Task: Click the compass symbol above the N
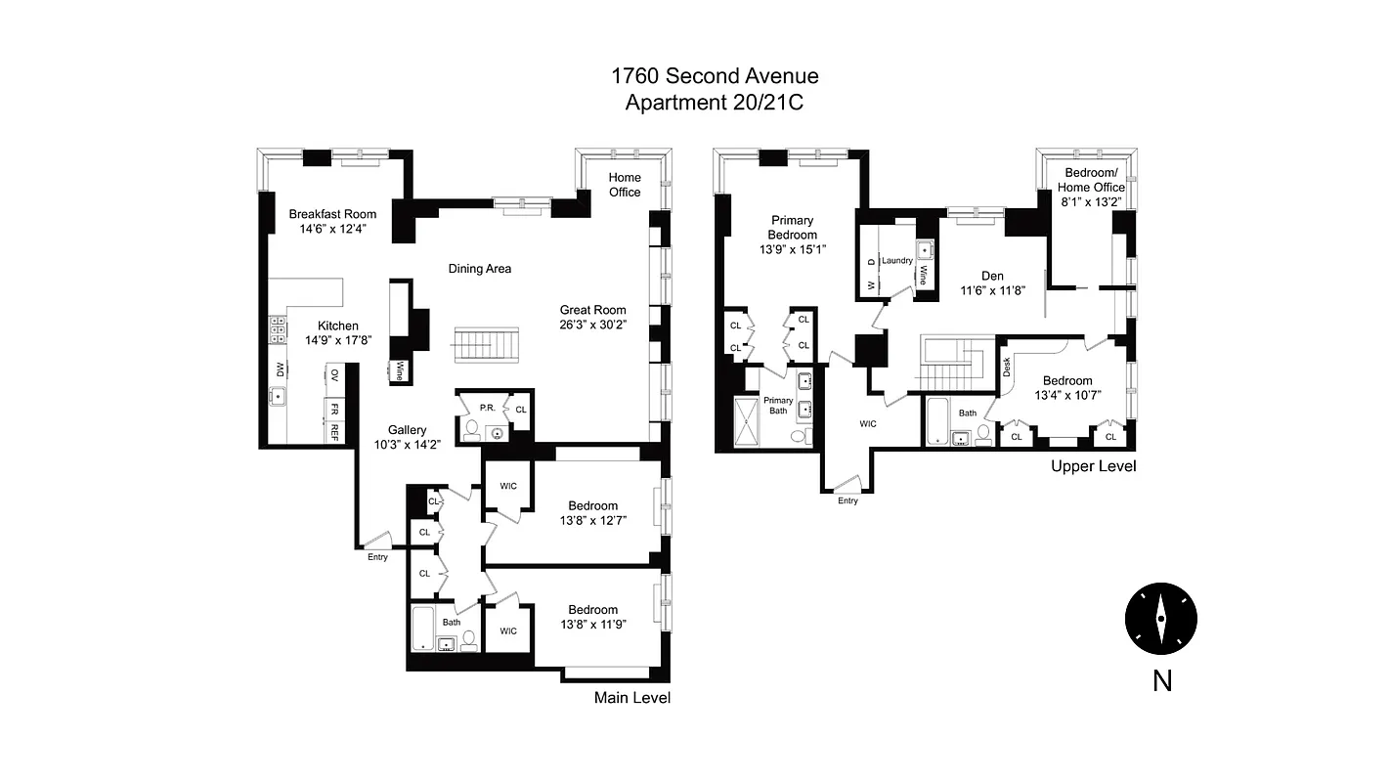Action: [1160, 619]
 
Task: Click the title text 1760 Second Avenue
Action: [714, 76]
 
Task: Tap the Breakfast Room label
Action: [332, 214]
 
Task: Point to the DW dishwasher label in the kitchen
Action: [280, 369]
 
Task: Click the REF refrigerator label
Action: [334, 430]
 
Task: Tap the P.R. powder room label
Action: [486, 408]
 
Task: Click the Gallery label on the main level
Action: [407, 430]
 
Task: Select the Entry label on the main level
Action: [377, 557]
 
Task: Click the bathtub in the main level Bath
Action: [424, 629]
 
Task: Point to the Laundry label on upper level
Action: [896, 261]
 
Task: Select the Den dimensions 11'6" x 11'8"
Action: [992, 290]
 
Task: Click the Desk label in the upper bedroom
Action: [1007, 367]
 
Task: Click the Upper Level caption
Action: [1093, 466]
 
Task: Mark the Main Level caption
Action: [632, 698]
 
